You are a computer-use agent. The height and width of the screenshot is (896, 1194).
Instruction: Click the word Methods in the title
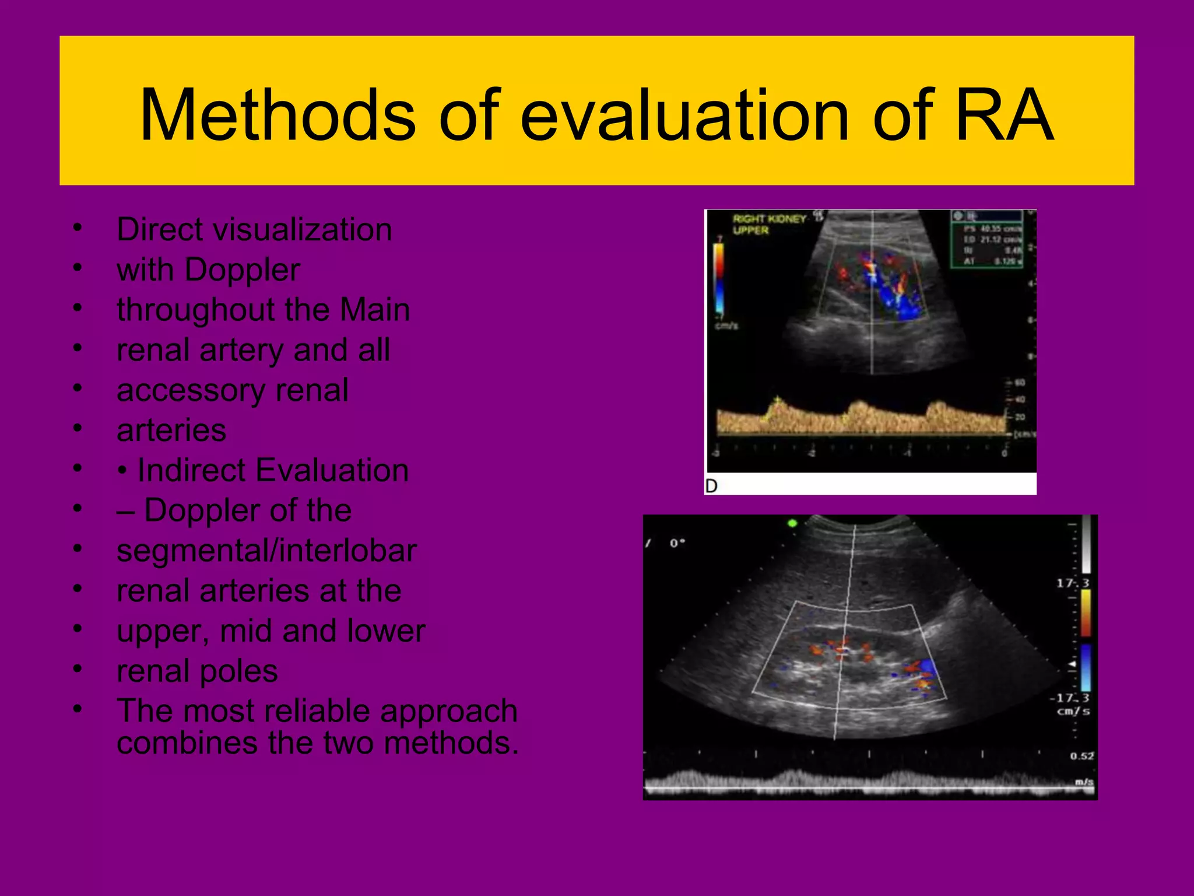[x=278, y=115]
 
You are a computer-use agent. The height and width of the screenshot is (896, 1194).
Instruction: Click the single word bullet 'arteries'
[x=171, y=430]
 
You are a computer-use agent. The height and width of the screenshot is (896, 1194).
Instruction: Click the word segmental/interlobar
[x=266, y=551]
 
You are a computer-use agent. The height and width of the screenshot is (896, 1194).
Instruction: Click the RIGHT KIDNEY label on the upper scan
[x=768, y=219]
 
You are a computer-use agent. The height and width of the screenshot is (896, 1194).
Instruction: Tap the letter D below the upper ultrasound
[x=711, y=486]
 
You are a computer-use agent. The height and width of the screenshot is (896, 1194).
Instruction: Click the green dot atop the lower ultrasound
[x=792, y=523]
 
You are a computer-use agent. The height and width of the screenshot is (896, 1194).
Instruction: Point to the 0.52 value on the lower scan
[x=1081, y=756]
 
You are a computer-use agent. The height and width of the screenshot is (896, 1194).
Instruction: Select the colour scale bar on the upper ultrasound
[x=719, y=277]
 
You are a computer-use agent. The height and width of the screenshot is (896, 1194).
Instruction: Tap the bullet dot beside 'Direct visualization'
[x=77, y=228]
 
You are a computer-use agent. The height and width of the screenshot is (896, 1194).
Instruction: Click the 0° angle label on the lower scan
[x=677, y=543]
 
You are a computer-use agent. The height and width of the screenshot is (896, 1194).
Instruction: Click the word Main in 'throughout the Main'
[x=375, y=310]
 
